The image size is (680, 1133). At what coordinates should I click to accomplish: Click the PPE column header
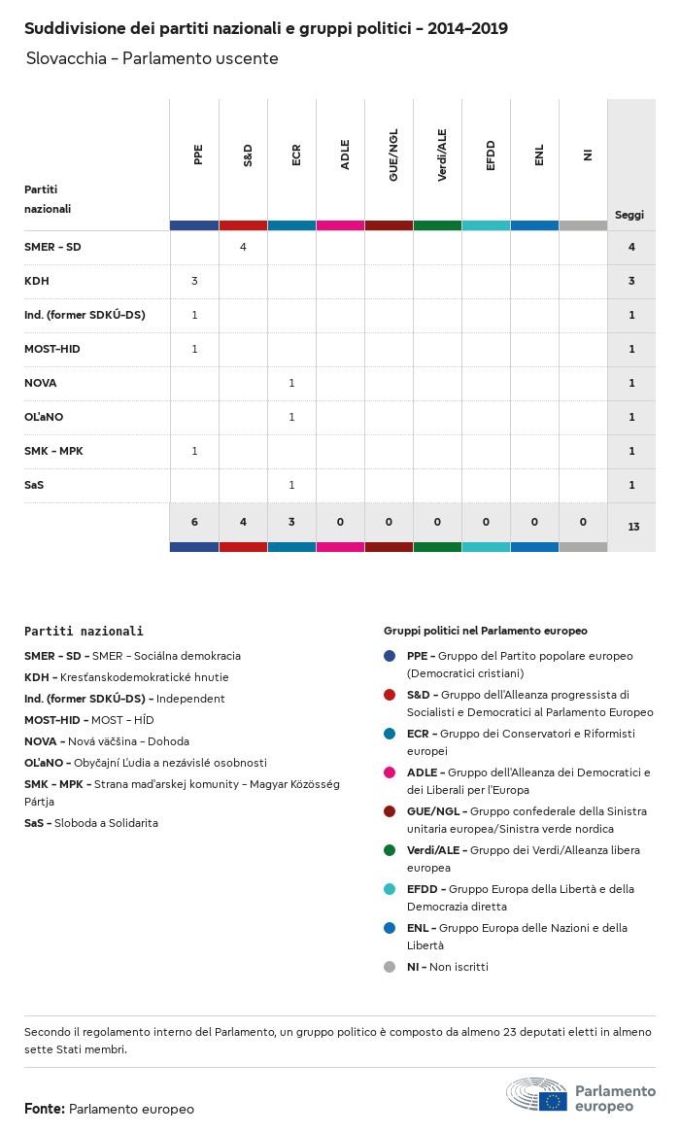[198, 154]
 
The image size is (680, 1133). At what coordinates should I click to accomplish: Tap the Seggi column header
[629, 215]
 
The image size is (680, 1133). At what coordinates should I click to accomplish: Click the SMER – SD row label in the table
[52, 247]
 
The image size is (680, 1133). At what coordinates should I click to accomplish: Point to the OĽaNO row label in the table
[44, 417]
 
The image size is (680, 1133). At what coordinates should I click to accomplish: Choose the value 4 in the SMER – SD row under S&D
[243, 247]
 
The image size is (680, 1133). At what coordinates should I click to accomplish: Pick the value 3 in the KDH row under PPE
[194, 281]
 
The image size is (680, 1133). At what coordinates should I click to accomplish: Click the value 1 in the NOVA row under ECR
[291, 383]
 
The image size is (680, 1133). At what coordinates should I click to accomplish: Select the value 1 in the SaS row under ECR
[291, 485]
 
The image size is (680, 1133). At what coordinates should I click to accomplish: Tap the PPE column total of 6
[194, 522]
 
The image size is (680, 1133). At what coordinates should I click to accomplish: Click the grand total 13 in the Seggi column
[633, 527]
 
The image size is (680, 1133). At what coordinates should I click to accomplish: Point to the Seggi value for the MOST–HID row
[631, 349]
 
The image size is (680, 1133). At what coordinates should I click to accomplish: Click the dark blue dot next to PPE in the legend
[390, 656]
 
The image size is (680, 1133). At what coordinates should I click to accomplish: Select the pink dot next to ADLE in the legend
[390, 772]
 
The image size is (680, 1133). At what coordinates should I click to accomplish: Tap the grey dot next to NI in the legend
[390, 967]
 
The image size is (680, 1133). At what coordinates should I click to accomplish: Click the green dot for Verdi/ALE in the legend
[390, 850]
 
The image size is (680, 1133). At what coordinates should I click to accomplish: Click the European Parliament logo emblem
[536, 1095]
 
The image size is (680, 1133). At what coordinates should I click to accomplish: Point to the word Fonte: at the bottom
[45, 1109]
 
